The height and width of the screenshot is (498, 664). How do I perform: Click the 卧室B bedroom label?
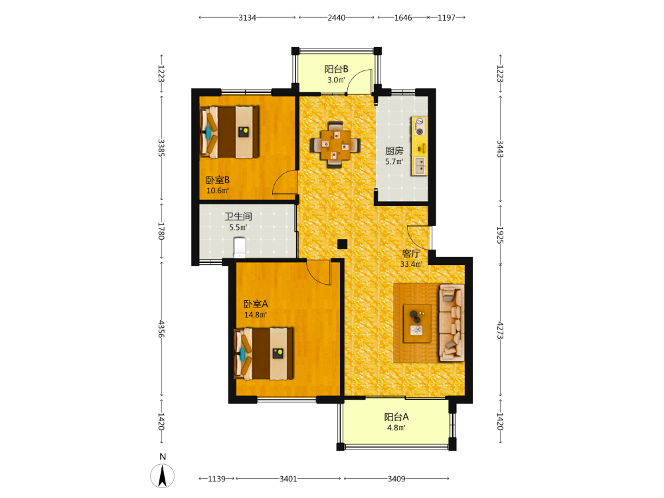point(218,180)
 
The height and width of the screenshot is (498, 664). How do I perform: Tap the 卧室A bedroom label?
point(256,304)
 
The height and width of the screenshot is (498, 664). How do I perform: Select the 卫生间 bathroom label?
point(238,216)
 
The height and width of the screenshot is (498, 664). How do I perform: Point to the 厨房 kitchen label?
point(394,151)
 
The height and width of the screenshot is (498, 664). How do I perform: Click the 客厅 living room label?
point(411,254)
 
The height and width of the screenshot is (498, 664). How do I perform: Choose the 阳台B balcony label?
point(336,69)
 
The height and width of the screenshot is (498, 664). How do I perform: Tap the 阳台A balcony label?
point(396,417)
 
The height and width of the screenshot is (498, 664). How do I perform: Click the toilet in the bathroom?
point(240,247)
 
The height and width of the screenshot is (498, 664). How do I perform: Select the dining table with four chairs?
point(335,145)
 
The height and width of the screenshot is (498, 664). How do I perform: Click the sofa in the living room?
point(452,323)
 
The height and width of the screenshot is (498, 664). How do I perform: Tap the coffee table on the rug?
point(417,323)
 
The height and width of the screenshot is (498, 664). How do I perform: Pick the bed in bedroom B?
point(229,132)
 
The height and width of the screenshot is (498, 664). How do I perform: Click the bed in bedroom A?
point(264,354)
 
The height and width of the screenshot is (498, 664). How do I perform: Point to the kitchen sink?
point(420,165)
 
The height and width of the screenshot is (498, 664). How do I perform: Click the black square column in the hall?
point(342,244)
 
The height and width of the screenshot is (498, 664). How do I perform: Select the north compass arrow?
point(162,476)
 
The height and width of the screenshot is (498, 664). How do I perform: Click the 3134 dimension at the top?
point(247,18)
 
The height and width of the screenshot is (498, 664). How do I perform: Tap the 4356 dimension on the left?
point(161,329)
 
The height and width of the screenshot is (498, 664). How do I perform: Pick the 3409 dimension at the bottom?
point(396,479)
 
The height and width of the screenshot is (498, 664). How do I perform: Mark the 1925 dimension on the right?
point(500,235)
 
